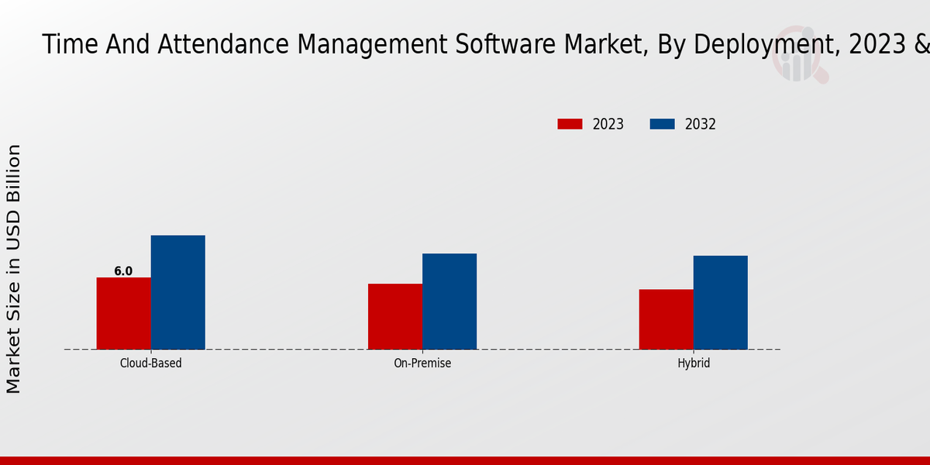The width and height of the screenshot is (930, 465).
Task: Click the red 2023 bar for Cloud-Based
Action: (123, 313)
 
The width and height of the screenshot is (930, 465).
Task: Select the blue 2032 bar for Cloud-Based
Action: (177, 292)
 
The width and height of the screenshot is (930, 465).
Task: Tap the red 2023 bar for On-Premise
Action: (395, 316)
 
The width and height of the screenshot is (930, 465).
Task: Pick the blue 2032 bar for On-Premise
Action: (449, 301)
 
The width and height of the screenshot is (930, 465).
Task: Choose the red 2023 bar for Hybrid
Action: (666, 319)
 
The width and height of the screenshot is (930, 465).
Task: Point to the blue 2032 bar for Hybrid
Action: (720, 302)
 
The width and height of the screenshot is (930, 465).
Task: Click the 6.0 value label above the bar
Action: (123, 271)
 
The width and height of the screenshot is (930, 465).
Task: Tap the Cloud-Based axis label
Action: (151, 363)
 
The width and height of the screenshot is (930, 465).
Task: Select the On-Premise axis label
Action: (422, 363)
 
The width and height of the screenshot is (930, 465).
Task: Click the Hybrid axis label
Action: (694, 363)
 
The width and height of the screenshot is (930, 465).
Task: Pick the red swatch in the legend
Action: (570, 124)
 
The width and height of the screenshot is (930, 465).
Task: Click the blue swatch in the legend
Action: (662, 124)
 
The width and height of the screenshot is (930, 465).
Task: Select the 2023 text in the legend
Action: (608, 124)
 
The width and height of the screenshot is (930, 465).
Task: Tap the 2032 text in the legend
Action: (701, 124)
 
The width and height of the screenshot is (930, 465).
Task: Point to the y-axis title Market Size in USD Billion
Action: (14, 269)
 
